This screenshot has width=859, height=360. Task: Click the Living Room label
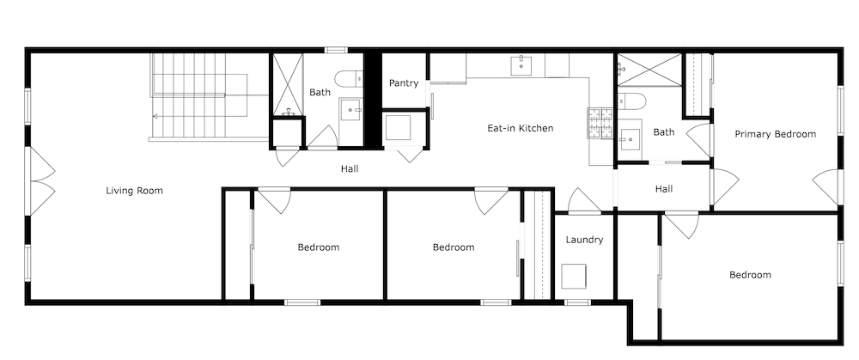(134, 191)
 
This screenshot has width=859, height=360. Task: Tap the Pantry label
(404, 83)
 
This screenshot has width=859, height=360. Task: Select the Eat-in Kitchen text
(521, 128)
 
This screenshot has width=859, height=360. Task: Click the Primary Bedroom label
(775, 134)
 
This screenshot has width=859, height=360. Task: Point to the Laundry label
(584, 240)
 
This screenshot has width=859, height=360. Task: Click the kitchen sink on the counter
(521, 66)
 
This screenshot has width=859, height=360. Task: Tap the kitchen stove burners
(600, 123)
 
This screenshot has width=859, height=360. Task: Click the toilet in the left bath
(349, 79)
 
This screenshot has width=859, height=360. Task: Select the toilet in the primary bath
(631, 101)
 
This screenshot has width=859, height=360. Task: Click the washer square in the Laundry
(574, 276)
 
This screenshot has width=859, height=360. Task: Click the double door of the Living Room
(41, 180)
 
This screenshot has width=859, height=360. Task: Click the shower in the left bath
(288, 85)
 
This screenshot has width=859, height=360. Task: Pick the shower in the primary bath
(649, 70)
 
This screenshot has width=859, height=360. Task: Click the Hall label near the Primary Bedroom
(664, 189)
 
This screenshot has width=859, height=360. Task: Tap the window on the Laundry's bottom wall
(577, 302)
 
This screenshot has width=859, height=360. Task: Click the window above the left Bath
(336, 51)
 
